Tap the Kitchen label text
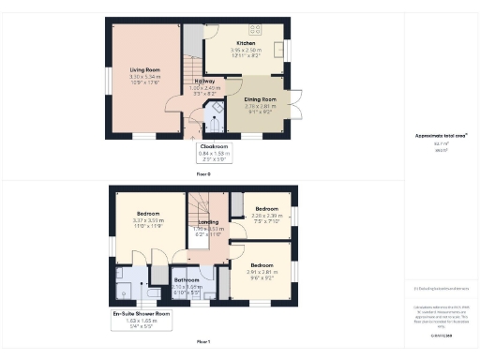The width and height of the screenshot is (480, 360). (246, 44)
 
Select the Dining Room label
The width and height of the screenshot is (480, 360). (260, 98)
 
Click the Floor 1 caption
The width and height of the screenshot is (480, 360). (203, 343)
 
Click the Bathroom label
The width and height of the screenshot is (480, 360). (187, 279)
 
